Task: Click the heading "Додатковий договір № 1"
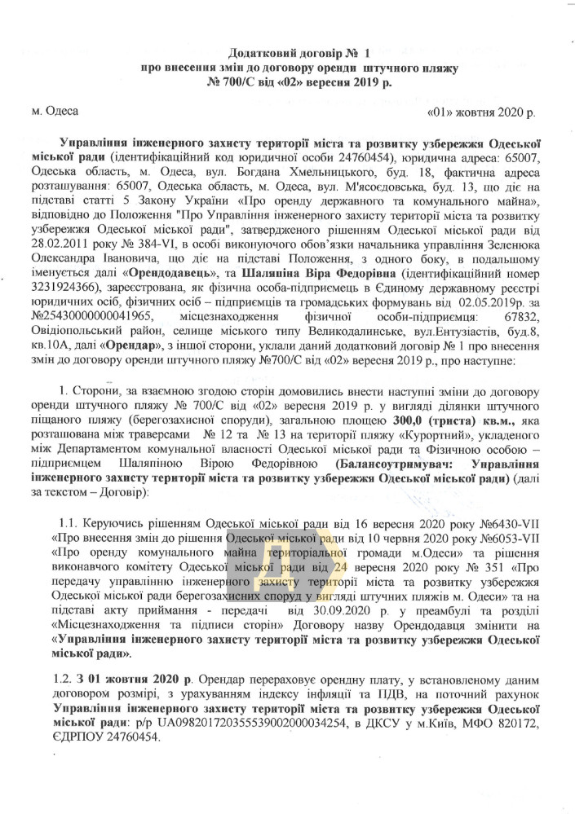click(x=287, y=51)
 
